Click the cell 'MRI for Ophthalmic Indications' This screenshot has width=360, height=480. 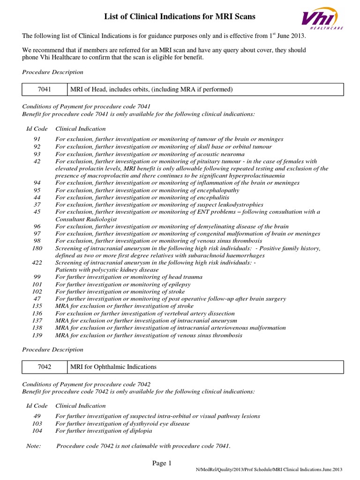tap(113, 367)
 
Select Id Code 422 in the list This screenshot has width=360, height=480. tap(37, 262)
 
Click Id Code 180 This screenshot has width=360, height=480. tap(37, 248)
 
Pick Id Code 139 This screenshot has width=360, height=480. tap(37, 335)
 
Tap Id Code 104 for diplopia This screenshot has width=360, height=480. tap(37, 430)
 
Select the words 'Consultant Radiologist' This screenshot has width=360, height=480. tap(86, 219)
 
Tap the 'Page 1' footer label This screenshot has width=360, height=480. tap(162, 464)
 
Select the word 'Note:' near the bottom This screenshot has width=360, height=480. tap(33, 445)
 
